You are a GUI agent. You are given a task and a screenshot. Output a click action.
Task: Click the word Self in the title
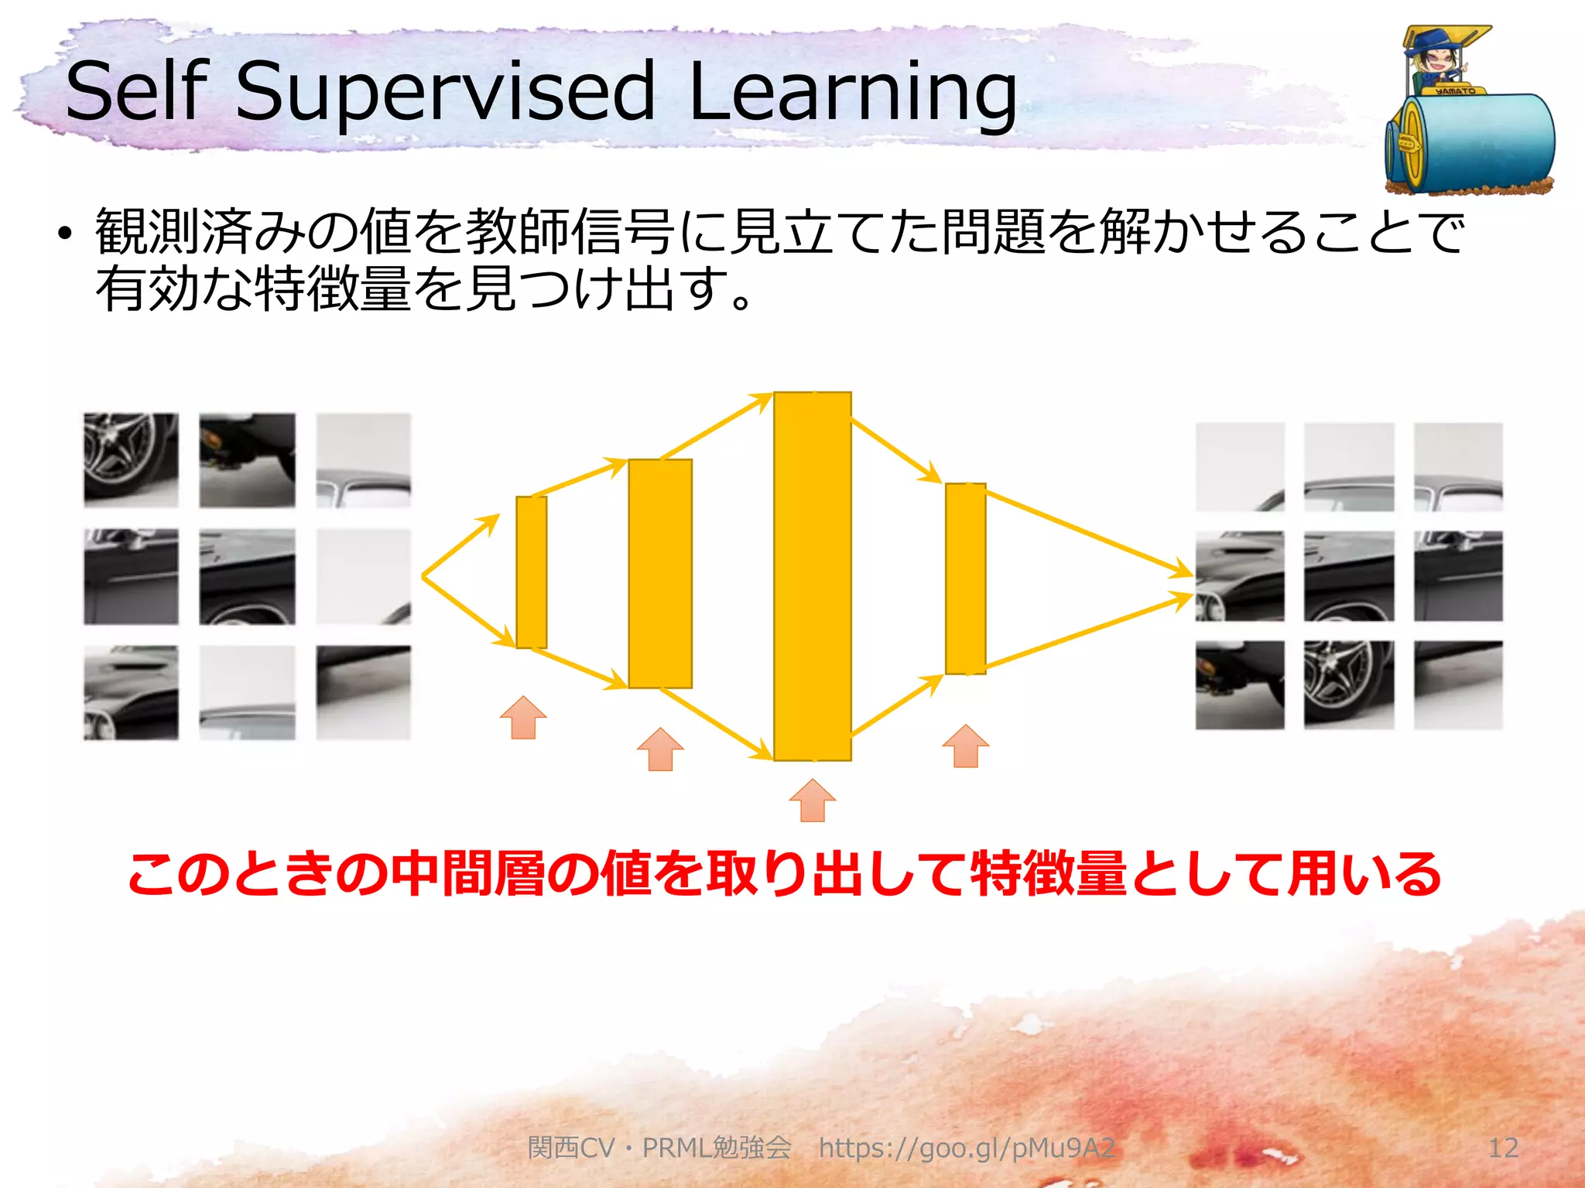point(137,91)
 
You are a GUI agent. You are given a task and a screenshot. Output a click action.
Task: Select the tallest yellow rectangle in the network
point(813,576)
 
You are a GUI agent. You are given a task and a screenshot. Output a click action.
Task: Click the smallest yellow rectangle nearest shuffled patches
point(532,572)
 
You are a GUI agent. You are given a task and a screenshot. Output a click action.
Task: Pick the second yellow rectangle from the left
point(660,574)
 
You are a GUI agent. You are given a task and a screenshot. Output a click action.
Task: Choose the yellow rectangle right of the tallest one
point(966,579)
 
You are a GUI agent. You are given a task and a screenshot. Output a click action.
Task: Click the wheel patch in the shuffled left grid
point(131,460)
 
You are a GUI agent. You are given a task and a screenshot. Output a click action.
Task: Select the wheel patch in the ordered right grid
point(1349,684)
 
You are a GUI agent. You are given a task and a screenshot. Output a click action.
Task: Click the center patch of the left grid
point(247,576)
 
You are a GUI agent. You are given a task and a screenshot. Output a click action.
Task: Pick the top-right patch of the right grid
point(1458,466)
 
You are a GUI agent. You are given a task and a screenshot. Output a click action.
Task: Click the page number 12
point(1503,1148)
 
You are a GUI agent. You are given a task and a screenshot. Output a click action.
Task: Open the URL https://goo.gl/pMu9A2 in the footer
point(967,1148)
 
